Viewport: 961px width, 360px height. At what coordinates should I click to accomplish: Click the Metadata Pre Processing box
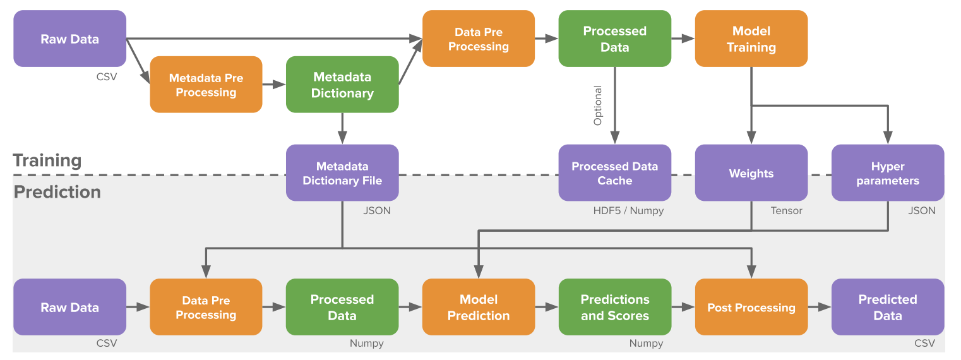(206, 85)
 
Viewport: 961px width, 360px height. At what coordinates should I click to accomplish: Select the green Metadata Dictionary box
(342, 85)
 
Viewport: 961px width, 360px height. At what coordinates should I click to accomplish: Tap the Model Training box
(751, 39)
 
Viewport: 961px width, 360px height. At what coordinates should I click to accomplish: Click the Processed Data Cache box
(615, 173)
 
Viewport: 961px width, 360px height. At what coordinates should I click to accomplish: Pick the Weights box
(751, 173)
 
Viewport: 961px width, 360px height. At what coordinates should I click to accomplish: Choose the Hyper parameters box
(888, 173)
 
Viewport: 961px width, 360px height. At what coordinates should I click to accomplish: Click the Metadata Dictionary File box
(342, 173)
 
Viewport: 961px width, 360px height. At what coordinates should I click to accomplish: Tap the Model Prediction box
(479, 307)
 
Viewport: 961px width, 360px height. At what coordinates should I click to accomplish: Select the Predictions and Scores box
(615, 307)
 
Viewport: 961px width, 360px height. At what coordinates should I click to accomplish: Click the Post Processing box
(751, 307)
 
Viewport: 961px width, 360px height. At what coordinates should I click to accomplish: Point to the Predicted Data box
(888, 307)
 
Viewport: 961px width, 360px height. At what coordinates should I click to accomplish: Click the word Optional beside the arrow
(597, 105)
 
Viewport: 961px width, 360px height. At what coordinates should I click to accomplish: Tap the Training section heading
(47, 160)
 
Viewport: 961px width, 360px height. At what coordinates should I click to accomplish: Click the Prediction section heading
(57, 192)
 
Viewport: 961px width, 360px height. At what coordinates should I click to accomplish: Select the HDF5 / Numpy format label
(628, 211)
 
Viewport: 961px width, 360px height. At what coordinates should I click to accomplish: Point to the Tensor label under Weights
(786, 211)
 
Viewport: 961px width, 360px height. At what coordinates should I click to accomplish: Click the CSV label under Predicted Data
(924, 344)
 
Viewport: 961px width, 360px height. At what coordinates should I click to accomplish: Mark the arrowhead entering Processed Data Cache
(615, 138)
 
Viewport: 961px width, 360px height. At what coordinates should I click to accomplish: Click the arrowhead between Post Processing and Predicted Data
(825, 307)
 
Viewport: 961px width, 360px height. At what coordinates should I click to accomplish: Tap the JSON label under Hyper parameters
(921, 211)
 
